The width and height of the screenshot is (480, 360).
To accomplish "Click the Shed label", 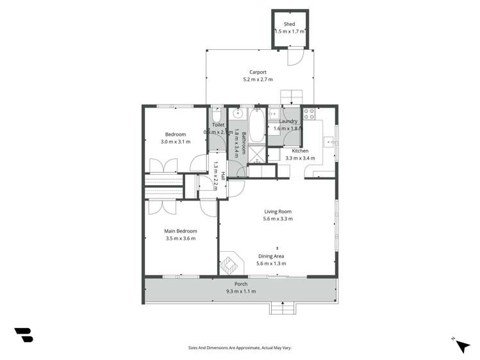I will pyautogui.click(x=290, y=24).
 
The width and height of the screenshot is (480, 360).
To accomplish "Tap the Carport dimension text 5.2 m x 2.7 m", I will pyautogui.click(x=258, y=79).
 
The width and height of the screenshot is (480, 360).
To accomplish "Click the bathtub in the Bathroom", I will pyautogui.click(x=256, y=126).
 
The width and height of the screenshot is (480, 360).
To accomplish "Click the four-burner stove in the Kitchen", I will pyautogui.click(x=309, y=115).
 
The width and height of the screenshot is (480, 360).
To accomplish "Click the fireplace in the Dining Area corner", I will pyautogui.click(x=230, y=263).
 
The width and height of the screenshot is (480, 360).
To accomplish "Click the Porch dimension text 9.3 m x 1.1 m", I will pyautogui.click(x=240, y=291).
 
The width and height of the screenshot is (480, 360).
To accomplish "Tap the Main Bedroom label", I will pyautogui.click(x=180, y=231).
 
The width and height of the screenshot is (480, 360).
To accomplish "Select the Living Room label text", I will pyautogui.click(x=277, y=211).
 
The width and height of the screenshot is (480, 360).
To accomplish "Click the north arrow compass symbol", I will pyautogui.click(x=461, y=345).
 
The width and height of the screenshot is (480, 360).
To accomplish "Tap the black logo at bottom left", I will pyautogui.click(x=24, y=334).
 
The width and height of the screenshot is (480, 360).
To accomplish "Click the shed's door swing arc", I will pyautogui.click(x=296, y=58).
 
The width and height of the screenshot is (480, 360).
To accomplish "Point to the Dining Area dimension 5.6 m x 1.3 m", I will pyautogui.click(x=271, y=263).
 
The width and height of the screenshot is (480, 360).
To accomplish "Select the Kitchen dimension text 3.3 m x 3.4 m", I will pyautogui.click(x=299, y=158).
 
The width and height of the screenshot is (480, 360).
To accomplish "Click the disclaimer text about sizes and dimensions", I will pyautogui.click(x=240, y=348).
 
